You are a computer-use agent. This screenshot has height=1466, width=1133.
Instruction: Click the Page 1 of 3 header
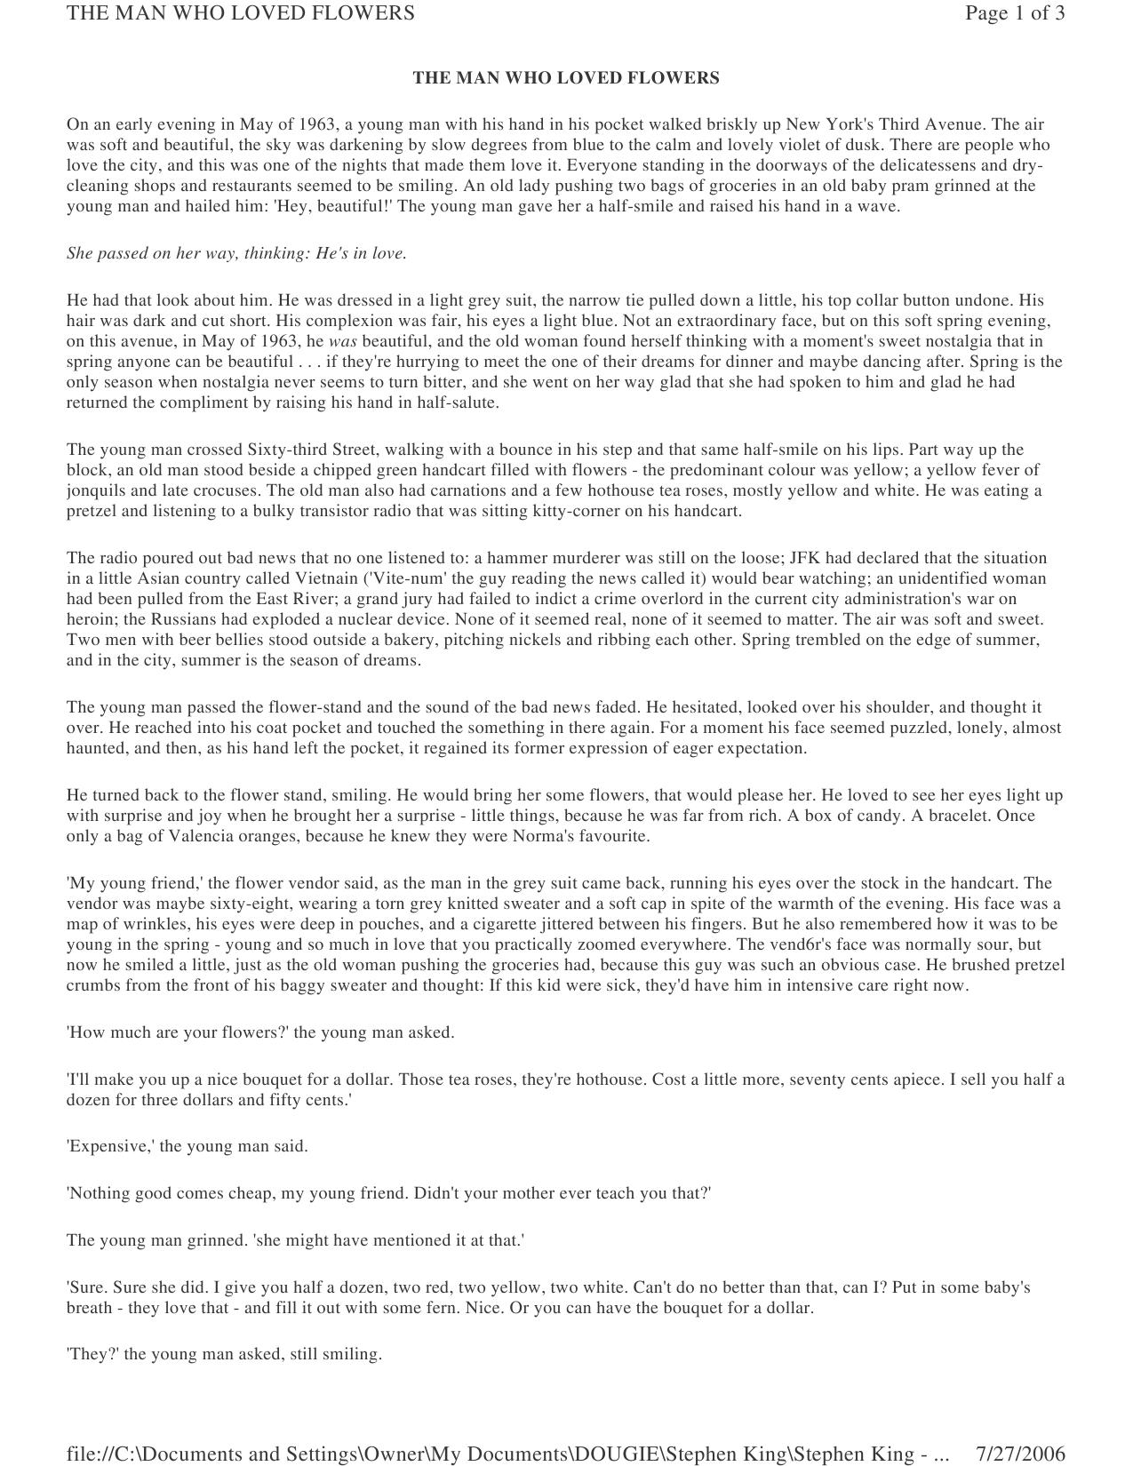(x=1015, y=13)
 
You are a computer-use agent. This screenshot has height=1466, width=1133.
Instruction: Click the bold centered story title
(x=566, y=78)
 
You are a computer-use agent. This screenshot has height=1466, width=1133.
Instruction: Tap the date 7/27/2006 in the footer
(x=1020, y=1454)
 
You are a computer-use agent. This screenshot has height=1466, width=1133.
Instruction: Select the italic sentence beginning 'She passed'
(x=236, y=253)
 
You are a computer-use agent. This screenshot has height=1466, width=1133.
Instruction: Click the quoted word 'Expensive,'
(x=111, y=1146)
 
